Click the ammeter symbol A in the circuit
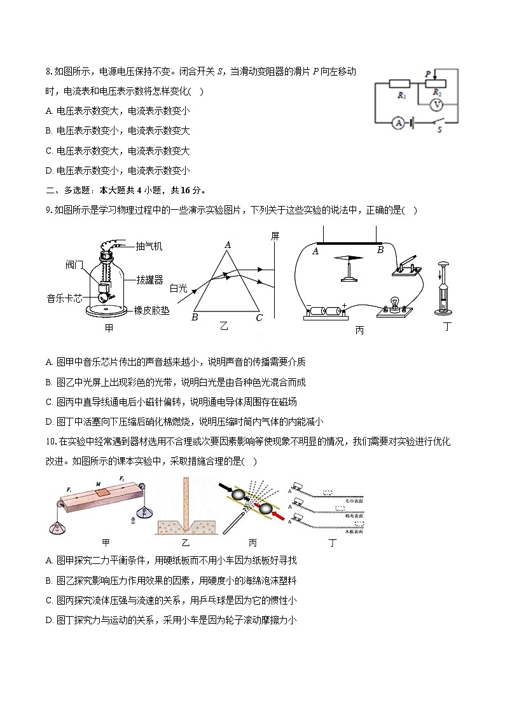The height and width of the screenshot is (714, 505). [x=398, y=123]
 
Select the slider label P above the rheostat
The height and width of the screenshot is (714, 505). [x=428, y=74]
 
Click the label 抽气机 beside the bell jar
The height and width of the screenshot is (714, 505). [x=149, y=246]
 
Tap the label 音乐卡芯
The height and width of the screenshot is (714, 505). [x=64, y=298]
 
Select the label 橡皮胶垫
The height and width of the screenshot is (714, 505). [x=151, y=310]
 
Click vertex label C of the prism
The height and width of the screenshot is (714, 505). [x=258, y=318]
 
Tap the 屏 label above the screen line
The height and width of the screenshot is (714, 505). [x=275, y=236]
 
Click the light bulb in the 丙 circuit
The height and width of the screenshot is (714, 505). [x=394, y=301]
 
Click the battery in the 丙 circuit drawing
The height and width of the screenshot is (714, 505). [x=327, y=312]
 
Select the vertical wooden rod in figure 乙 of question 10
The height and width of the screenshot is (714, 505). [x=188, y=502]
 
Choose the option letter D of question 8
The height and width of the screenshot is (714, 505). [x=49, y=170]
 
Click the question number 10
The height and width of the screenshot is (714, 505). [x=51, y=441]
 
